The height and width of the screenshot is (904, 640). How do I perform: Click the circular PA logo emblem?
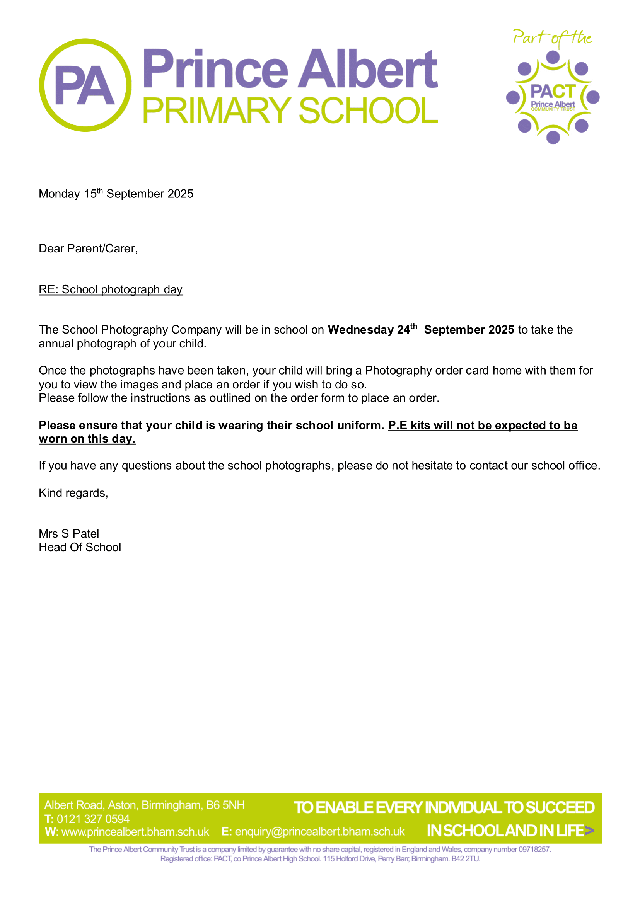(85, 85)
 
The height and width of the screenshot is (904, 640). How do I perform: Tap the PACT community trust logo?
(553, 97)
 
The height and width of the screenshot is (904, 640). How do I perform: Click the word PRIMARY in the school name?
(216, 111)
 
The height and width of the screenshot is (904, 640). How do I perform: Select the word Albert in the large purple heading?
(367, 69)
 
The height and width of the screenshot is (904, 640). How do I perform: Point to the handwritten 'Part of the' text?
(552, 38)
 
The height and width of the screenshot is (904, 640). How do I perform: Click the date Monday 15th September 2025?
(116, 194)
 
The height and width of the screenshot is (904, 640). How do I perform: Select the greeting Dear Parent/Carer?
(88, 249)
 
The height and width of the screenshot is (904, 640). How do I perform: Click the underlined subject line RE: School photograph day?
(110, 289)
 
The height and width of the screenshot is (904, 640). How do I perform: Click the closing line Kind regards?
(73, 493)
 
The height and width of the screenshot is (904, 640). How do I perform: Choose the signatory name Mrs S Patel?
(69, 533)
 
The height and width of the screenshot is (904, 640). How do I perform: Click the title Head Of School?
(80, 547)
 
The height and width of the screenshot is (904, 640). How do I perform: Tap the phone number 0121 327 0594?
(93, 819)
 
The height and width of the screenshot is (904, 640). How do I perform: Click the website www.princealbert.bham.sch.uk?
(135, 831)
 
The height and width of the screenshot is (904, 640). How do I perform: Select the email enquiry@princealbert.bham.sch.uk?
(319, 831)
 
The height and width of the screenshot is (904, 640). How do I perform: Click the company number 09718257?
(534, 849)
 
